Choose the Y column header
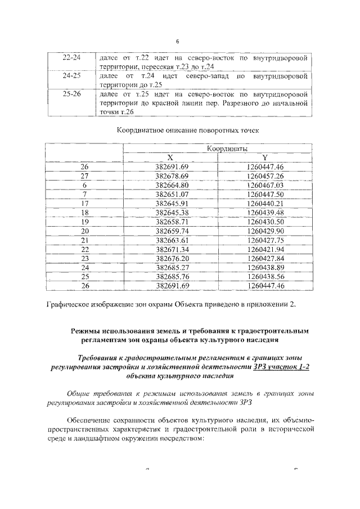[x=264, y=158]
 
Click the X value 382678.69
[x=173, y=176]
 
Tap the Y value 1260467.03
[x=265, y=185]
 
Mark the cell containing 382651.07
[x=173, y=194]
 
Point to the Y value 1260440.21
[x=265, y=203]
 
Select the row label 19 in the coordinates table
[x=85, y=222]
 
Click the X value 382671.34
[x=173, y=249]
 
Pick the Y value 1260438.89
[x=265, y=267]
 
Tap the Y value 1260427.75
[x=265, y=240]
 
